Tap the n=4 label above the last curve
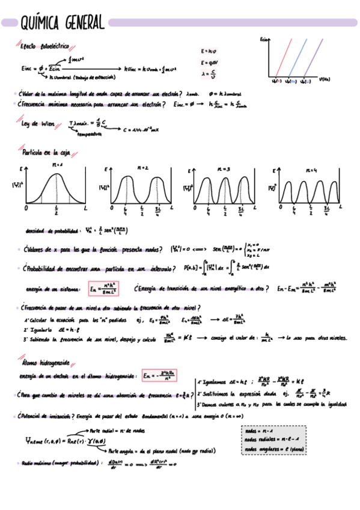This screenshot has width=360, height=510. pyautogui.click(x=311, y=170)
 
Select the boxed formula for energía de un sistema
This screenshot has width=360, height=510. pyautogui.click(x=102, y=289)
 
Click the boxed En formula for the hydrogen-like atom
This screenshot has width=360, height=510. pyautogui.click(x=158, y=376)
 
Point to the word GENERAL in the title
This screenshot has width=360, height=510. pyautogui.click(x=82, y=23)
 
